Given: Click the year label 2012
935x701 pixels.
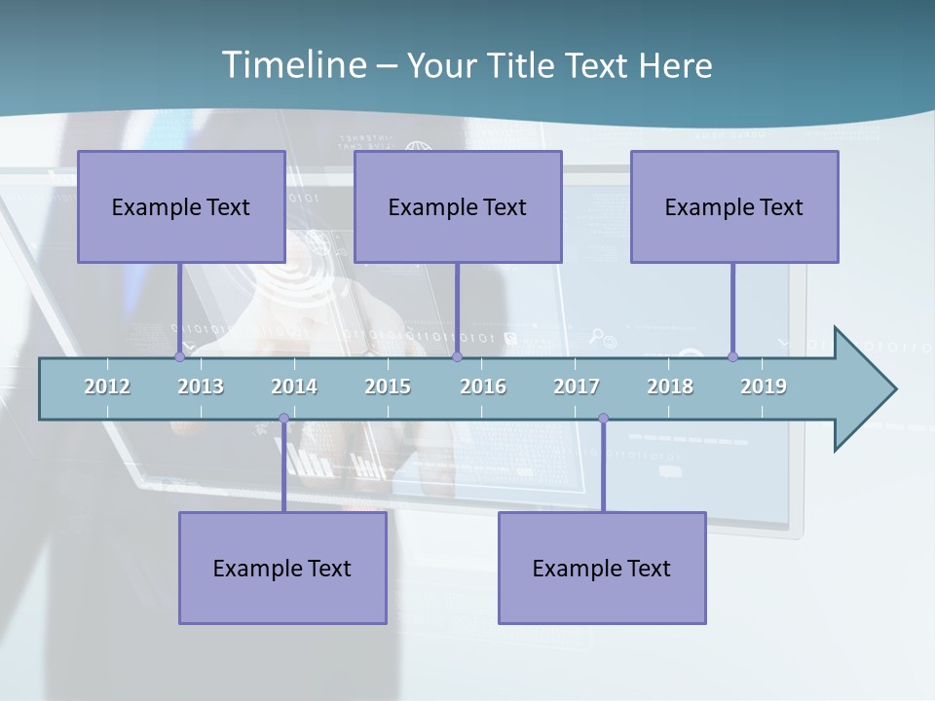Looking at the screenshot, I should pos(107,387).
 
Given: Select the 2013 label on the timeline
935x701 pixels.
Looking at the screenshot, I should pos(201,387).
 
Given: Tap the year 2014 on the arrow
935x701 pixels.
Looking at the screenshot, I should pos(294,387).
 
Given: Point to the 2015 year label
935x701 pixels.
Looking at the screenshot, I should pos(388,387).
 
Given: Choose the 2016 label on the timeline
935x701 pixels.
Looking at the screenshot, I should pos(483,387).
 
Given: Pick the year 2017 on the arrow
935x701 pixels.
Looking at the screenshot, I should pos(577,387).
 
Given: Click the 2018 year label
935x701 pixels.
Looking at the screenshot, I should pos(670,387).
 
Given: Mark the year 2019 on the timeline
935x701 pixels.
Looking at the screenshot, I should pos(764,387).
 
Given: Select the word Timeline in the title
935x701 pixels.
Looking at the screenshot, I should pos(293,65).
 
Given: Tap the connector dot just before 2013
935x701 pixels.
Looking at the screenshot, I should pos(179,356).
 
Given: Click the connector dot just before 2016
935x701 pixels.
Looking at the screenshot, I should pos(457,356).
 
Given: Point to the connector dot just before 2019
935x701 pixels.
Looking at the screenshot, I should pos(732,356).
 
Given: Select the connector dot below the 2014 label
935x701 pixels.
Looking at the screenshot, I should pos(283,419).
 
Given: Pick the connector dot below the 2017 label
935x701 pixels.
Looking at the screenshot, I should pos(603,419).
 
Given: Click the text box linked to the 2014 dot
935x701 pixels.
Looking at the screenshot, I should pos(282,568).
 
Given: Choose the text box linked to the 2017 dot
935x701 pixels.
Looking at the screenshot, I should pos(602,568).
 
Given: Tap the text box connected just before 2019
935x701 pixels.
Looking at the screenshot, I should pos(734,206).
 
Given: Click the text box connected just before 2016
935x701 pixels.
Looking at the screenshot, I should pos(458,206).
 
